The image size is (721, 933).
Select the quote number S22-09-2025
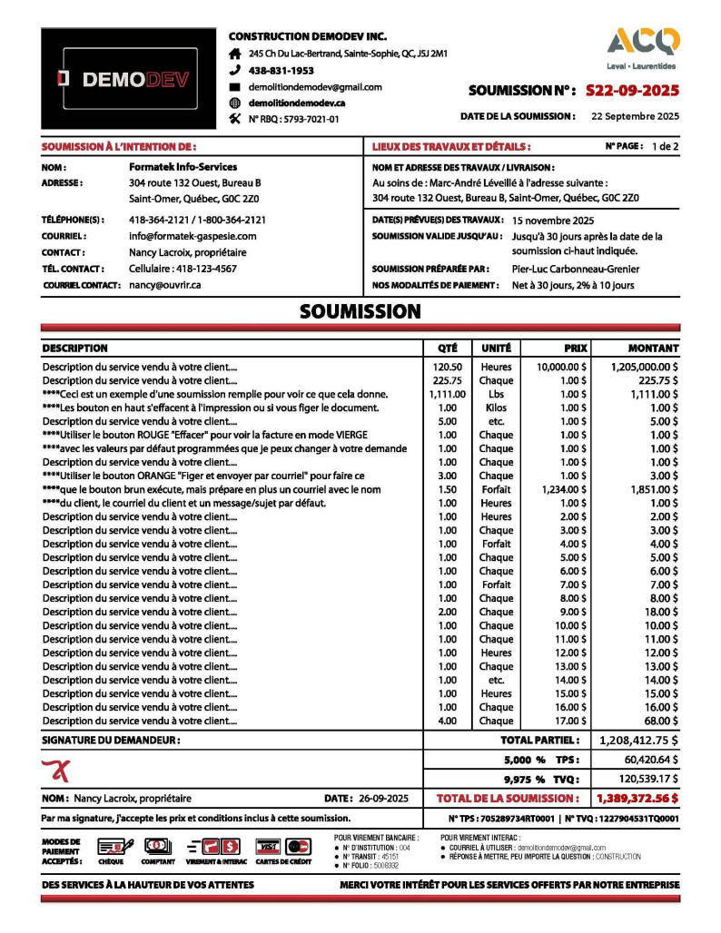pos(632,91)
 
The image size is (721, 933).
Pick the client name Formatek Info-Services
pos(183,167)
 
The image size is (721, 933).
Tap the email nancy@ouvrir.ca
pos(164,285)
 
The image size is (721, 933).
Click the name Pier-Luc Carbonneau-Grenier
pos(575,269)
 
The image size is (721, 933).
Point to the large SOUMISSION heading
pos(360,312)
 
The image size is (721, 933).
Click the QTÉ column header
pos(447,349)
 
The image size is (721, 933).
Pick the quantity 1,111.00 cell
pos(447,394)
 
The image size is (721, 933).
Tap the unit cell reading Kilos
pos(496,408)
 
